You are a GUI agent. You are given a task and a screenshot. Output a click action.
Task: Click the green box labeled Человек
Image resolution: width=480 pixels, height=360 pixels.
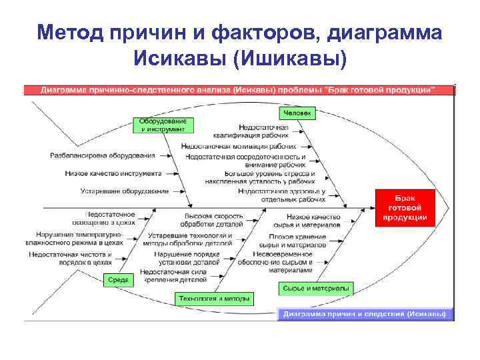coord(299,113)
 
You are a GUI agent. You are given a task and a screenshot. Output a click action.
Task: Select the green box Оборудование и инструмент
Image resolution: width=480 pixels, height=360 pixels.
coord(163,125)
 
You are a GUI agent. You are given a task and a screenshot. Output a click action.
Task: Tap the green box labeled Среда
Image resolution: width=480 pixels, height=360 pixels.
coord(119,281)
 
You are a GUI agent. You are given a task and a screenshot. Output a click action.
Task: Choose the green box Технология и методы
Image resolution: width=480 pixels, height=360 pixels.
coord(215,298)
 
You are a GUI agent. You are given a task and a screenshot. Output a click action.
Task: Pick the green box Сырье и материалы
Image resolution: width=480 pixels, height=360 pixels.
coord(316,288)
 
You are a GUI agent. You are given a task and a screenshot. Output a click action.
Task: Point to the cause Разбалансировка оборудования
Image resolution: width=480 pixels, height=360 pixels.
coord(103,155)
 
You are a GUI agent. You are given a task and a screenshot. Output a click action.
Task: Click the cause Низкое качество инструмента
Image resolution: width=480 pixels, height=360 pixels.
coord(113,173)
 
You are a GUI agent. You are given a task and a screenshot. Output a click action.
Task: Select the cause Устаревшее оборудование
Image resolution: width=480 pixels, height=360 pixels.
coord(125,191)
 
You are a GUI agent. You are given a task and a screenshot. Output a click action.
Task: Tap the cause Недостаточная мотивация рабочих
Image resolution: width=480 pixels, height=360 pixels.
coord(238,145)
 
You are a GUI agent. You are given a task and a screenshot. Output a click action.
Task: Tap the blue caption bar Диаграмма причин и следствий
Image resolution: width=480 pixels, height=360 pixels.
coord(364,313)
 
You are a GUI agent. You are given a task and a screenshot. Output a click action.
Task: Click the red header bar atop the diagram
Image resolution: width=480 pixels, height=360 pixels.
coord(239,88)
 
